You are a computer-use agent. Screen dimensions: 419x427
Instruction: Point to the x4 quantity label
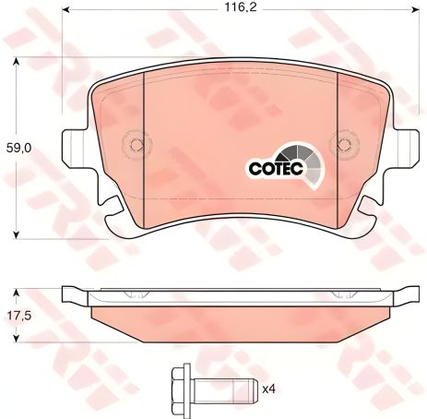(269, 389)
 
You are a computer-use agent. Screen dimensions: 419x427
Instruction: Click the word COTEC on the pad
(275, 168)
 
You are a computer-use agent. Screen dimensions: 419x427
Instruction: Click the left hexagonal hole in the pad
(137, 144)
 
